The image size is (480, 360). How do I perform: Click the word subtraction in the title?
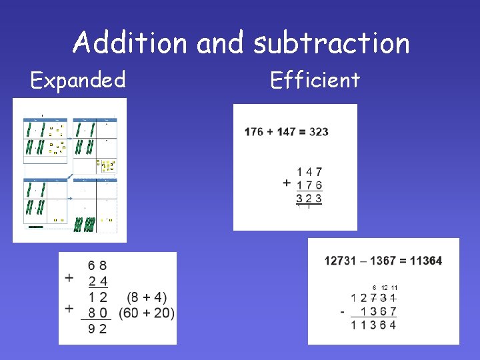(x=331, y=43)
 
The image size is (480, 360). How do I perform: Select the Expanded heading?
(x=78, y=80)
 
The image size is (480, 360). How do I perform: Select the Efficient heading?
(x=315, y=80)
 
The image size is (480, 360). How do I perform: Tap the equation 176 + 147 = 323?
(x=287, y=131)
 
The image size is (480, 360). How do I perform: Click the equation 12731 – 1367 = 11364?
(x=383, y=261)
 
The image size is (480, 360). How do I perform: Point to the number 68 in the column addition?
(x=97, y=266)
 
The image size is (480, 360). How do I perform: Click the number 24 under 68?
(x=97, y=281)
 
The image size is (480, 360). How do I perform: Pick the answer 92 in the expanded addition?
(x=97, y=329)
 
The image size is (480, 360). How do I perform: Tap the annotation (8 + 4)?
(x=146, y=297)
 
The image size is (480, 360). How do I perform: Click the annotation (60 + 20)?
(x=146, y=313)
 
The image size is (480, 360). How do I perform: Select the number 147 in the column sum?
(x=309, y=172)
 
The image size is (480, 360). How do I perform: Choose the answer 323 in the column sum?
(x=309, y=198)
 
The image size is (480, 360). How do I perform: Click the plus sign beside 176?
(x=286, y=183)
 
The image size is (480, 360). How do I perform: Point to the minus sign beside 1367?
(x=342, y=311)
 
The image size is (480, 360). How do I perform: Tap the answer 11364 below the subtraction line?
(x=373, y=325)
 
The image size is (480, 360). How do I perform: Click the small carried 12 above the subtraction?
(x=385, y=287)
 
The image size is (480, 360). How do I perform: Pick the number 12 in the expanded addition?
(x=97, y=297)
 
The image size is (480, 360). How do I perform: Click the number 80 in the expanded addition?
(x=97, y=313)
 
